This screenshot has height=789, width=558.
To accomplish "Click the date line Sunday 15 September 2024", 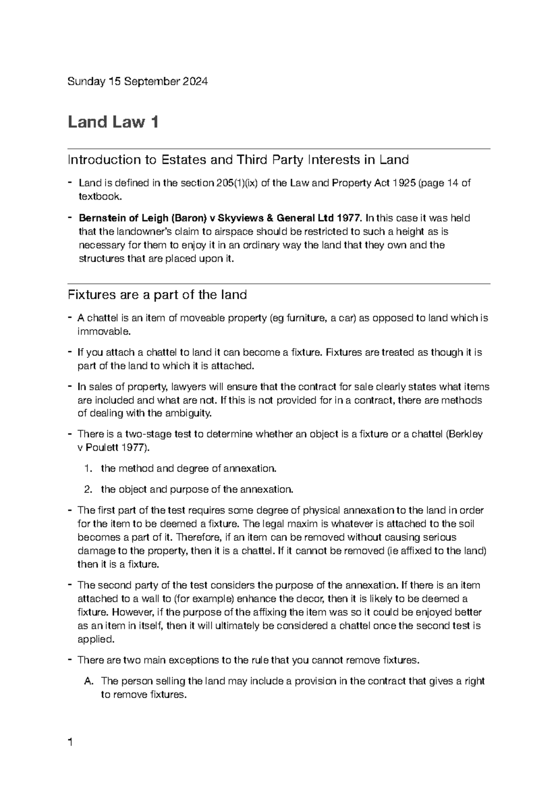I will (138, 82).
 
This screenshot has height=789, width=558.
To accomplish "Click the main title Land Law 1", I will (113, 122).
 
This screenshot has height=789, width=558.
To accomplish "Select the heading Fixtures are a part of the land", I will (157, 295).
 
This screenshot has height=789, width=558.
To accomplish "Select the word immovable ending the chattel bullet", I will (103, 332).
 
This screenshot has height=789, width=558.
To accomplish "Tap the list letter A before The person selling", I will (88, 682).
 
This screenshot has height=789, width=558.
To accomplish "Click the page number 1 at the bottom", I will (70, 742).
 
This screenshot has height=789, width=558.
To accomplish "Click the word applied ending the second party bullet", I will (95, 639).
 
